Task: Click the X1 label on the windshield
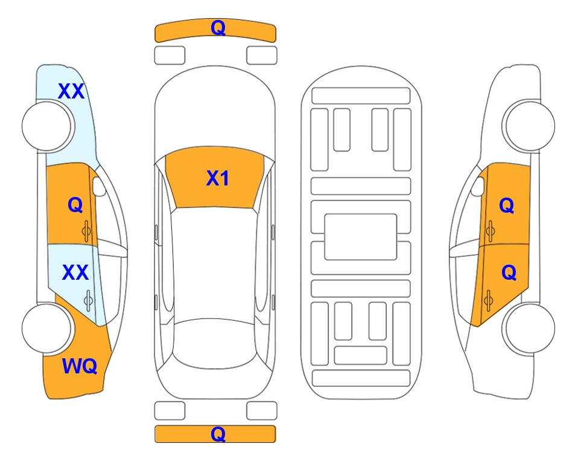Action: click(x=218, y=178)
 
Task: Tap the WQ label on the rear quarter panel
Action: click(x=80, y=366)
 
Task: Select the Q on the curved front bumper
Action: click(x=218, y=27)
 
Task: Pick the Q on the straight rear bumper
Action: click(x=218, y=434)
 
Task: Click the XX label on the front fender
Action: click(x=71, y=91)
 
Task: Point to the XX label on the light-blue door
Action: click(x=75, y=272)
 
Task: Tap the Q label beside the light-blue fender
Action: click(x=75, y=205)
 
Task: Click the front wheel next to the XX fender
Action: click(x=47, y=126)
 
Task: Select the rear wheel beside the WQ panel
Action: click(x=47, y=328)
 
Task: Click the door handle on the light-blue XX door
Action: click(x=88, y=301)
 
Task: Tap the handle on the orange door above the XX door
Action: click(x=86, y=231)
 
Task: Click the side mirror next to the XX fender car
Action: click(x=99, y=186)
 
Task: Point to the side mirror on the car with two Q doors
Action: click(x=478, y=186)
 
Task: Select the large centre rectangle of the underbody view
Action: click(x=361, y=237)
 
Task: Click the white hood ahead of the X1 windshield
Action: click(x=215, y=111)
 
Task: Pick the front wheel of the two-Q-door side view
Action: click(x=529, y=126)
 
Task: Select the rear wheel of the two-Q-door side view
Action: click(x=529, y=328)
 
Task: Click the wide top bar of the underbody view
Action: click(x=361, y=96)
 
